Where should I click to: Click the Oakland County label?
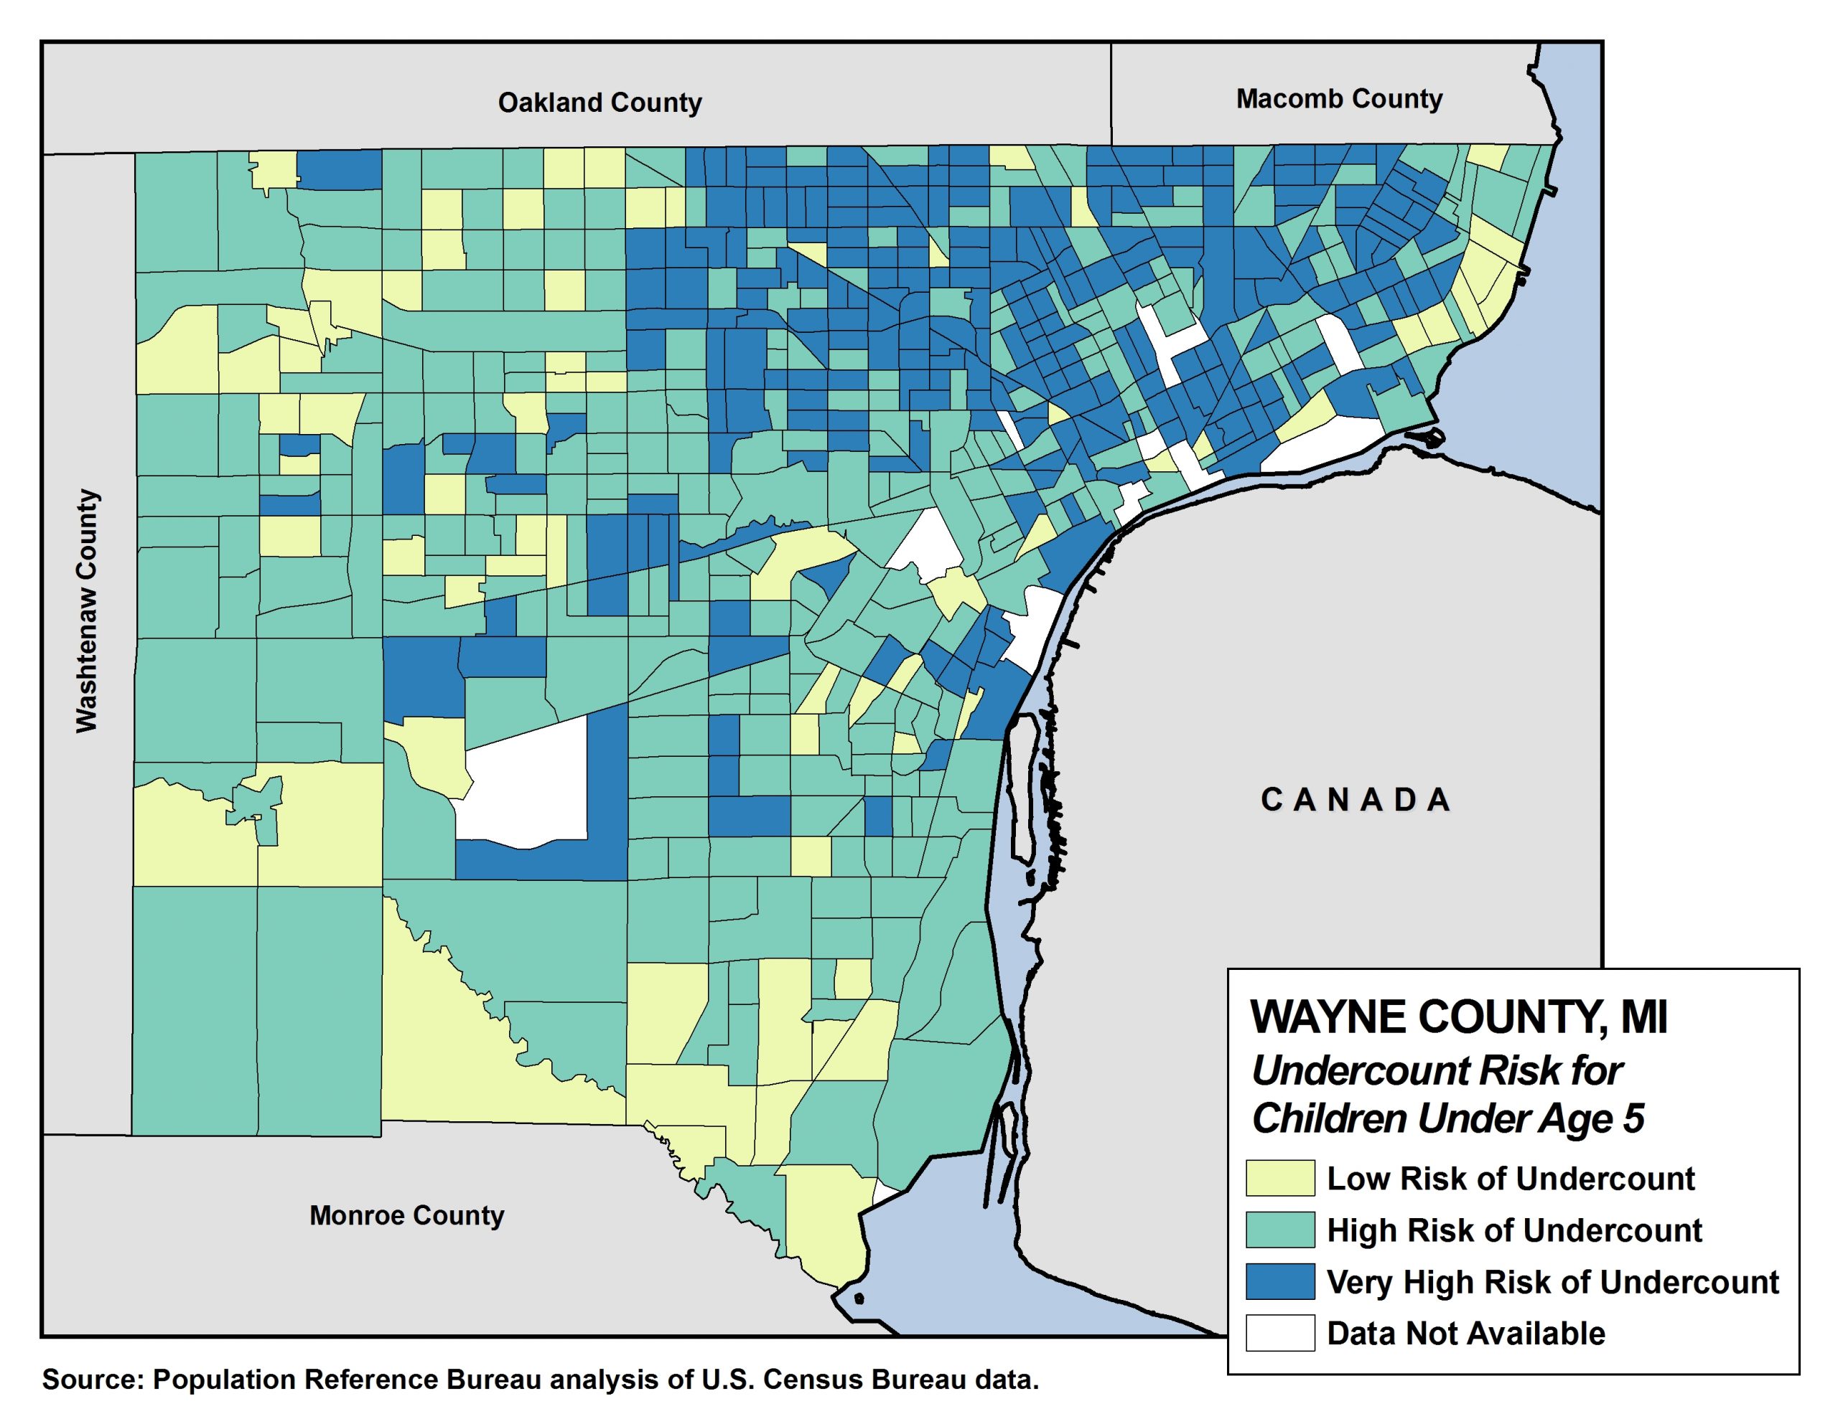pyautogui.click(x=600, y=103)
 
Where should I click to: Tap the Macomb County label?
pyautogui.click(x=1339, y=99)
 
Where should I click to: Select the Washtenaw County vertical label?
pyautogui.click(x=87, y=611)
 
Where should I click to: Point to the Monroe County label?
pyautogui.click(x=406, y=1215)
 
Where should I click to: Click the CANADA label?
pyautogui.click(x=1356, y=800)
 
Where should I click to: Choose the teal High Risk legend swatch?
pyautogui.click(x=1280, y=1230)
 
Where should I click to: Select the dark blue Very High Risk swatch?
pyautogui.click(x=1280, y=1281)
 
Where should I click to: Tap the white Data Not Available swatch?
pyautogui.click(x=1280, y=1332)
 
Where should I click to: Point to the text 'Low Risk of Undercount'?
pyautogui.click(x=1511, y=1179)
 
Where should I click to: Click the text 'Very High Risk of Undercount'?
pyautogui.click(x=1553, y=1282)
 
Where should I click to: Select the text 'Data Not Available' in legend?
pyautogui.click(x=1466, y=1333)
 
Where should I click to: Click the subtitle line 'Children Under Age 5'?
pyautogui.click(x=1447, y=1118)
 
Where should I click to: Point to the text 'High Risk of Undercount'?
pyautogui.click(x=1514, y=1230)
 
